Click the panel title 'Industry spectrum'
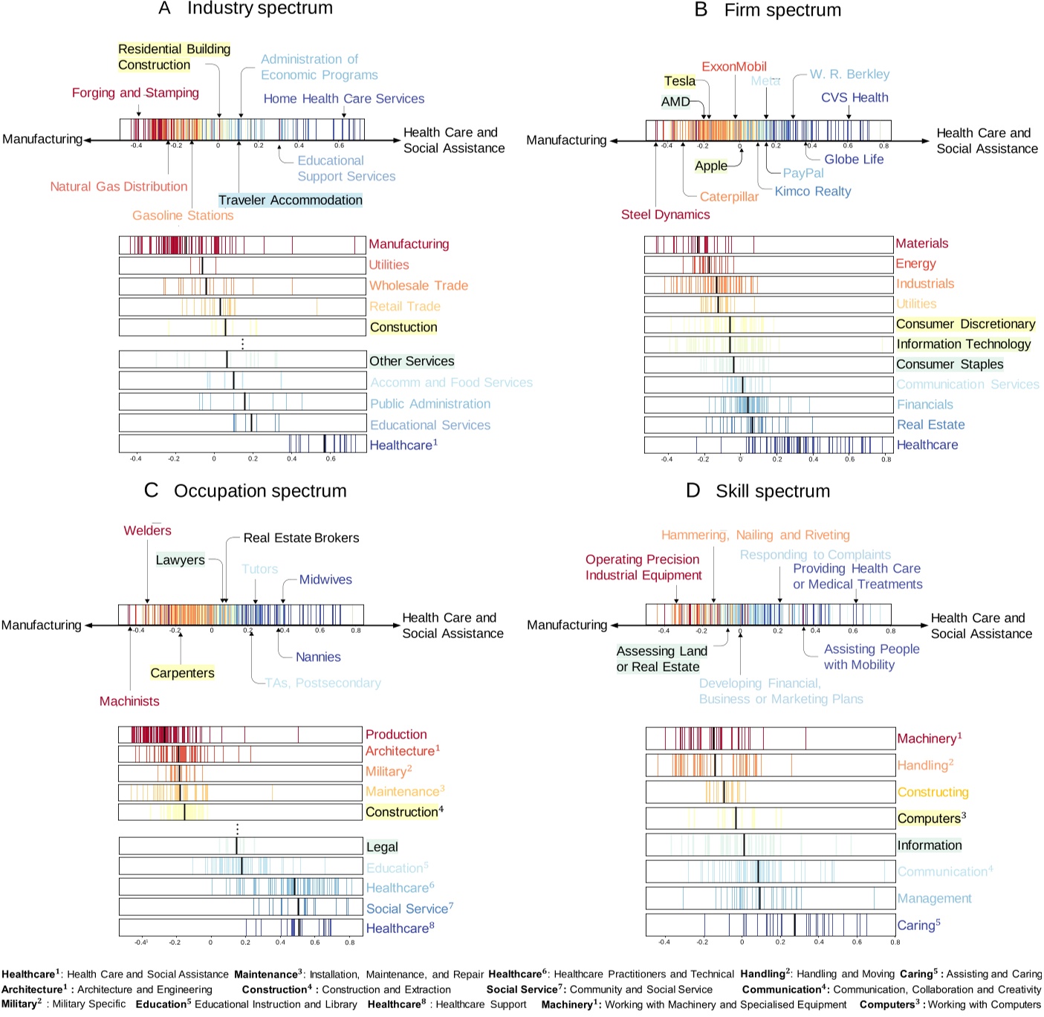click(x=259, y=9)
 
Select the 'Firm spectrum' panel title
click(x=782, y=10)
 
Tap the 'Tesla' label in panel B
click(x=679, y=81)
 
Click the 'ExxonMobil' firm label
click(x=733, y=66)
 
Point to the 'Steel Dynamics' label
click(x=665, y=215)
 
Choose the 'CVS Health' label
click(x=854, y=97)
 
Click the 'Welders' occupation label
click(x=147, y=530)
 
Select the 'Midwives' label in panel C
click(x=325, y=579)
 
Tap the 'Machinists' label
click(x=129, y=701)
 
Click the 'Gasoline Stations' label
click(x=183, y=215)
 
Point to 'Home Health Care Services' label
click(x=343, y=99)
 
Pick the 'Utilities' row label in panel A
click(x=389, y=264)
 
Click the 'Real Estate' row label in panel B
click(x=930, y=424)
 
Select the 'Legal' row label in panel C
click(x=382, y=847)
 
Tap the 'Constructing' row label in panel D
click(x=933, y=792)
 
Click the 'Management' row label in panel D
click(x=934, y=898)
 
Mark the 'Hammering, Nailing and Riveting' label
click(x=755, y=535)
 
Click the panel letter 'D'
click(x=693, y=491)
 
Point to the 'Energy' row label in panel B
click(x=915, y=264)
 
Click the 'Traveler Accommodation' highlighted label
click(x=290, y=200)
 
